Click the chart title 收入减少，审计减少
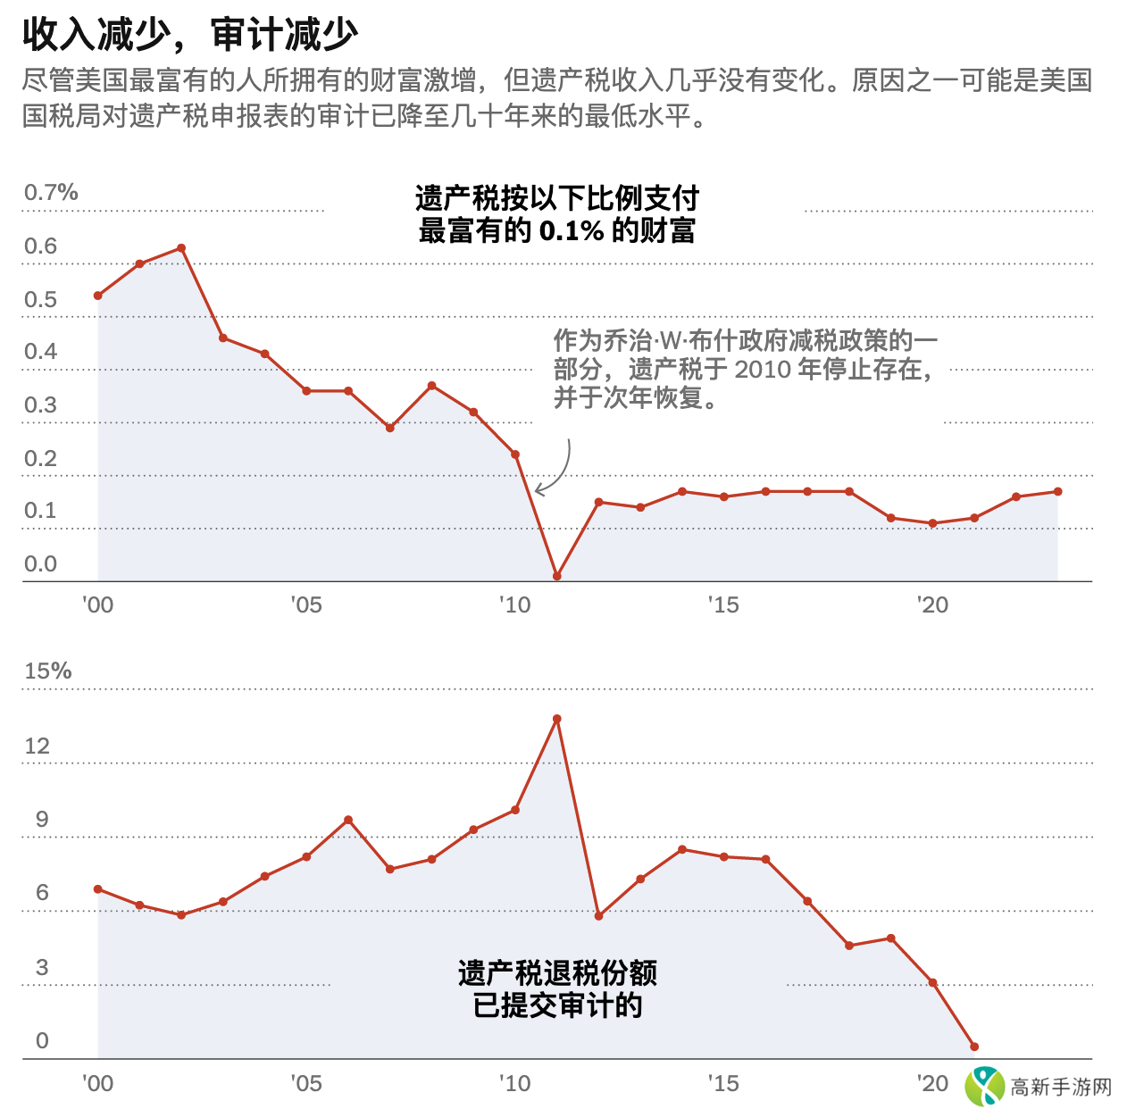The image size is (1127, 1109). tap(190, 35)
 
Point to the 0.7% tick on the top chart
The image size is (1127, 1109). tap(51, 193)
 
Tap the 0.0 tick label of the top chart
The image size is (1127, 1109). tap(40, 564)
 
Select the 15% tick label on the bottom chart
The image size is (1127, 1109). tap(47, 671)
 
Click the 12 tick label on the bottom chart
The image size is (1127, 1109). tap(38, 746)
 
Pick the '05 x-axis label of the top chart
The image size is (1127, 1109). tap(306, 605)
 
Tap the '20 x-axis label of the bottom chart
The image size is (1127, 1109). tap(932, 1084)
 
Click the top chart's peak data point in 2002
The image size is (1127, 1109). tap(181, 248)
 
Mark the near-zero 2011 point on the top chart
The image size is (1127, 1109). tap(557, 577)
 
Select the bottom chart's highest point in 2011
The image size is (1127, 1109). tap(557, 719)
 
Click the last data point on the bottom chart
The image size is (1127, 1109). tap(974, 1046)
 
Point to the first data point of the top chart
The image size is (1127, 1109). tap(98, 296)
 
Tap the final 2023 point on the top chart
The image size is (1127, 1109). tap(1058, 491)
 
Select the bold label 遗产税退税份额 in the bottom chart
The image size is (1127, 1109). tap(557, 973)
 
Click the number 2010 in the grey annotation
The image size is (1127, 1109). tap(764, 370)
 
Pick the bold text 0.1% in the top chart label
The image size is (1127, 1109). tap(572, 231)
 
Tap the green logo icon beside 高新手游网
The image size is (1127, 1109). tap(985, 1087)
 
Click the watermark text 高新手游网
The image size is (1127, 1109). tap(1061, 1088)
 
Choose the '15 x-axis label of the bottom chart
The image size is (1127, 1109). tap(723, 1084)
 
